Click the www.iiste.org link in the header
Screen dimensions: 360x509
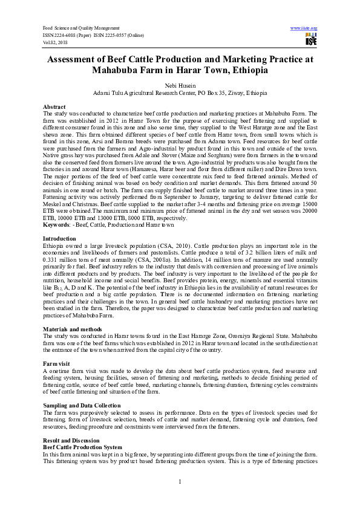pos(304,28)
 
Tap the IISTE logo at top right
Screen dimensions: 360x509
pos(311,40)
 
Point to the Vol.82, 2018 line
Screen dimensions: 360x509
pos(57,42)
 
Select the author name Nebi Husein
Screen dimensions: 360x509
pos(180,86)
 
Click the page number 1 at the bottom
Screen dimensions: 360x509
pos(180,481)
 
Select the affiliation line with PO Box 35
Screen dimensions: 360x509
pos(180,94)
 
